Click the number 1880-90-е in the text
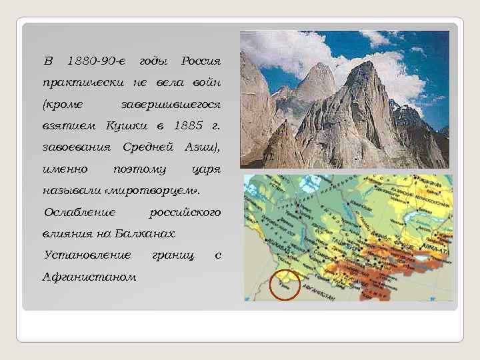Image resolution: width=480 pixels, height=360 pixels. click(96, 62)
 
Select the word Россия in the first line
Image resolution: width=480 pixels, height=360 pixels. click(201, 62)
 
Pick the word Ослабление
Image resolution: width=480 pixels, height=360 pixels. click(79, 212)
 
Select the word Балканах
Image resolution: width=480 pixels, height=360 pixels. click(145, 233)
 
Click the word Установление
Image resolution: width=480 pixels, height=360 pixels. click(87, 255)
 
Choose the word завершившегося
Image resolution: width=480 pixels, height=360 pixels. click(170, 105)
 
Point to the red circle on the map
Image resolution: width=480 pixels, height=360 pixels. click(285, 285)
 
